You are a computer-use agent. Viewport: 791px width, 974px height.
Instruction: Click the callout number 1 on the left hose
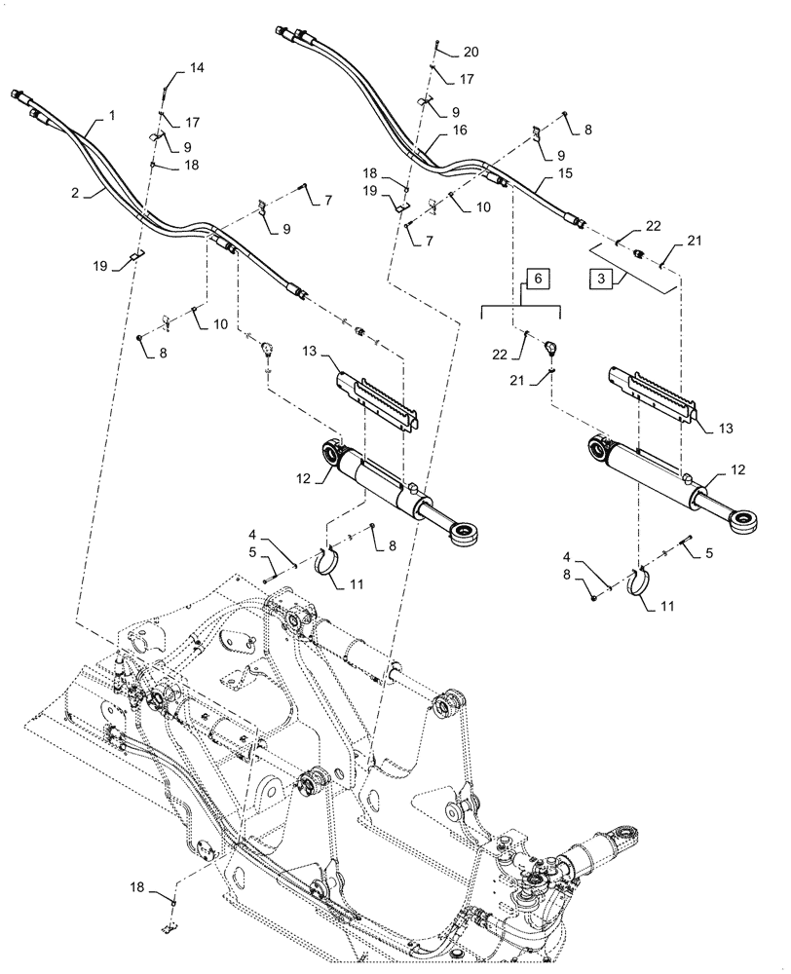pos(112,116)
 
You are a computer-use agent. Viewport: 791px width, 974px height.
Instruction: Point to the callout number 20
pos(471,51)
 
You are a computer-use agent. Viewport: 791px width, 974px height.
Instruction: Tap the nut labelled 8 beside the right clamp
pos(593,595)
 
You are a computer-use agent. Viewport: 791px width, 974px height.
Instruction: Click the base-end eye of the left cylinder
pos(332,452)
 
